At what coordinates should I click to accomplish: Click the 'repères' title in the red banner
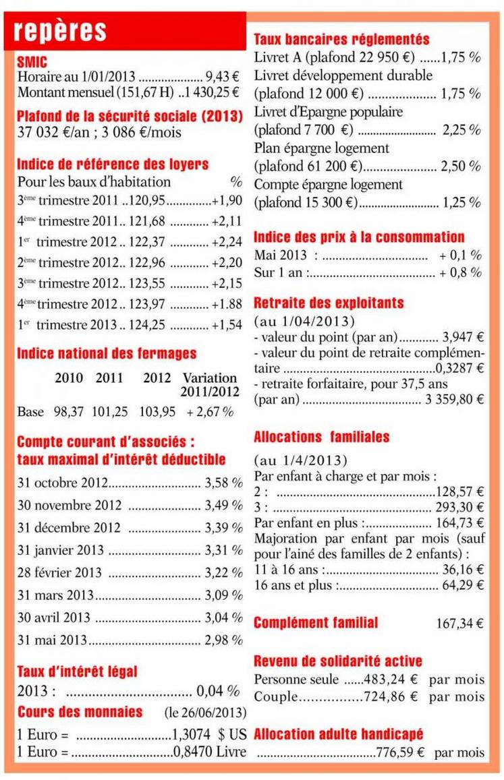[60, 30]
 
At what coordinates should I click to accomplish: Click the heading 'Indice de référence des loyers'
[113, 164]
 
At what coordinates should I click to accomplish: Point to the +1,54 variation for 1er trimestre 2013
[225, 324]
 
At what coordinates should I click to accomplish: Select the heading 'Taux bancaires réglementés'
[341, 39]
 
